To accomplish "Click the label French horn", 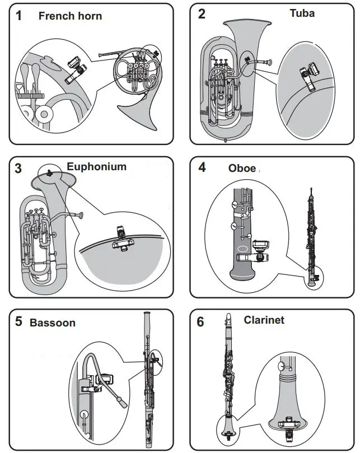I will pyautogui.click(x=70, y=16).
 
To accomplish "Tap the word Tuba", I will pyautogui.click(x=302, y=13).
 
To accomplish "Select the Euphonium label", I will pyautogui.click(x=96, y=166).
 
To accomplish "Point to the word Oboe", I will pyautogui.click(x=242, y=168).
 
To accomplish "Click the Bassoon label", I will pyautogui.click(x=52, y=323).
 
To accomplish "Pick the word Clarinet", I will pyautogui.click(x=264, y=320).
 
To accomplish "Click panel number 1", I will pyautogui.click(x=19, y=15).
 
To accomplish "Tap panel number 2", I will pyautogui.click(x=202, y=14).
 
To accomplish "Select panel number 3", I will pyautogui.click(x=18, y=168).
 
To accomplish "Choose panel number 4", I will pyautogui.click(x=202, y=167).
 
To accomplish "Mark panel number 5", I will pyautogui.click(x=19, y=322).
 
